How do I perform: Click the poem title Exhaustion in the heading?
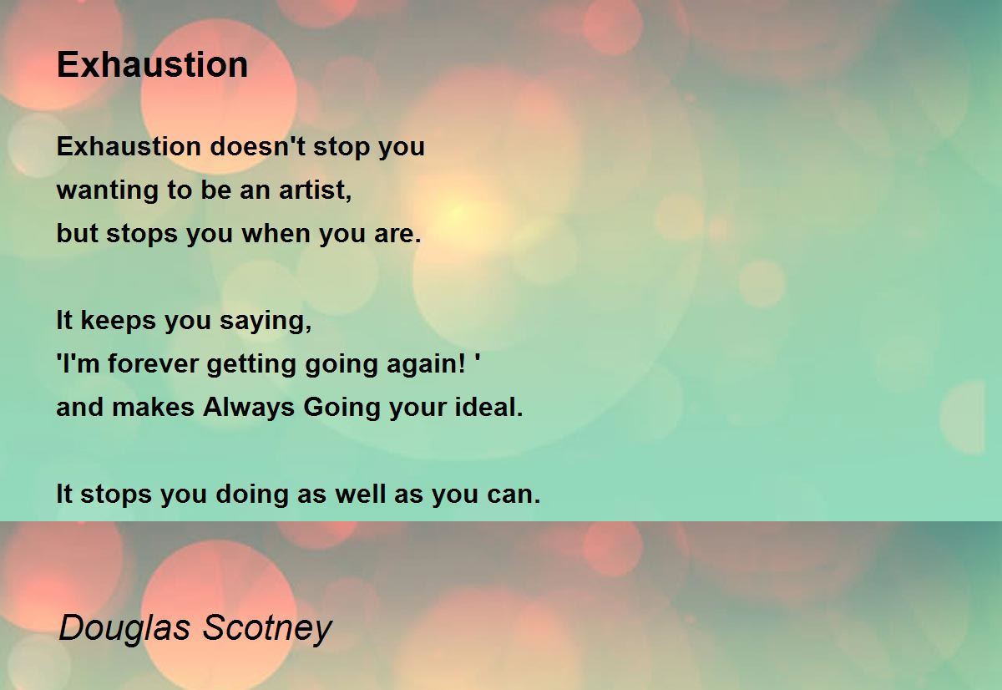152,65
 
